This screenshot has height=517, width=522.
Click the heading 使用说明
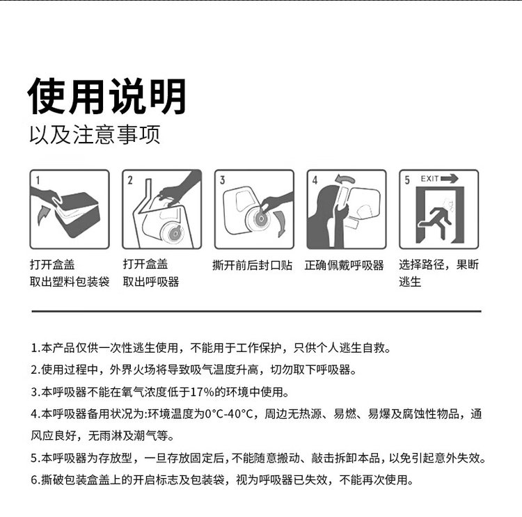click(107, 96)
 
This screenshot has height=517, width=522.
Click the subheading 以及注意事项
click(95, 135)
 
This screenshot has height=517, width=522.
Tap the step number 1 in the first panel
click(38, 180)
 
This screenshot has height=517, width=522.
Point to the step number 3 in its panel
click(223, 180)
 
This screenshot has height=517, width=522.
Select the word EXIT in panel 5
click(430, 179)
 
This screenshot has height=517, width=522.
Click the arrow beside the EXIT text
click(450, 179)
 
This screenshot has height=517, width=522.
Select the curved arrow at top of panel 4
click(345, 180)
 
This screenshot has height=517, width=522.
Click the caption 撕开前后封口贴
click(253, 265)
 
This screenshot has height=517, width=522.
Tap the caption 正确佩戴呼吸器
click(345, 265)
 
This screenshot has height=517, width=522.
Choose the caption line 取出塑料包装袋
click(70, 282)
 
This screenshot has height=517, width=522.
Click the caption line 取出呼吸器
click(151, 282)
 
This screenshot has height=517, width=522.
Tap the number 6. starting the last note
click(35, 480)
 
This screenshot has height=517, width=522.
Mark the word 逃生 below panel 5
click(410, 282)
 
